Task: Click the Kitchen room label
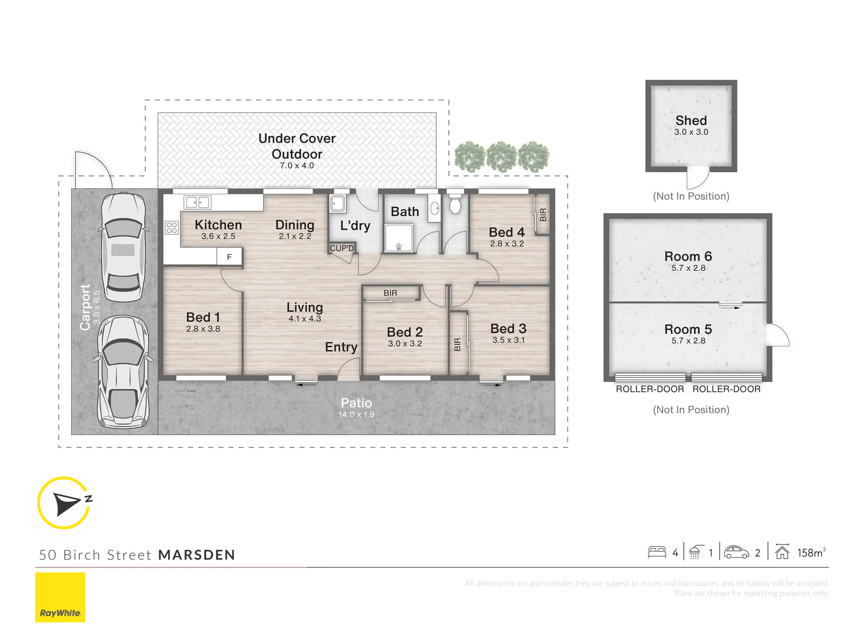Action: coord(218,225)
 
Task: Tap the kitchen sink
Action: coord(197,203)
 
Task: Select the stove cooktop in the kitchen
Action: coord(172,228)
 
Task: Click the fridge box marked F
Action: coord(230,257)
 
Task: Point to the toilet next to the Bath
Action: coord(455,204)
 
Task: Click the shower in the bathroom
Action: coord(398,238)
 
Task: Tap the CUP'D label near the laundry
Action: coord(341,248)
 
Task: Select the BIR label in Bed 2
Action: coord(390,293)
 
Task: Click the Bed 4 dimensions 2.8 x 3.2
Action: coord(507,244)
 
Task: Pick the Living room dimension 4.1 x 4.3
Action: coord(305,318)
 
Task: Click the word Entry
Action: coord(341,347)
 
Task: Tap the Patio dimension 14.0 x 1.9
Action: coord(356,414)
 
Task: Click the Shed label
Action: coord(691,120)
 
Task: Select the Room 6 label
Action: coord(688,256)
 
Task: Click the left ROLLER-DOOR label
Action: coord(650,389)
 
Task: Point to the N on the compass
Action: coord(89,499)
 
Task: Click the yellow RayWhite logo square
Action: coord(60,597)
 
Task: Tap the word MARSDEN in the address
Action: coord(197,555)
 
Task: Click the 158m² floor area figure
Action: coord(811,552)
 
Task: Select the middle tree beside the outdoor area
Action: coord(502,156)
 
